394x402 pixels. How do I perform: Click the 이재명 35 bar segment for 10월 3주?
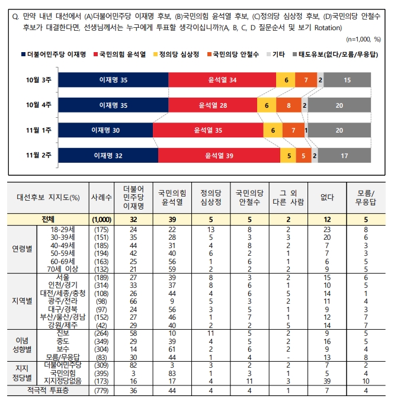click(x=113, y=80)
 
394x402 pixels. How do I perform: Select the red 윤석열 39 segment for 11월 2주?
click(x=219, y=156)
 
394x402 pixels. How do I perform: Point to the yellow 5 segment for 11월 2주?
click(x=289, y=156)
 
